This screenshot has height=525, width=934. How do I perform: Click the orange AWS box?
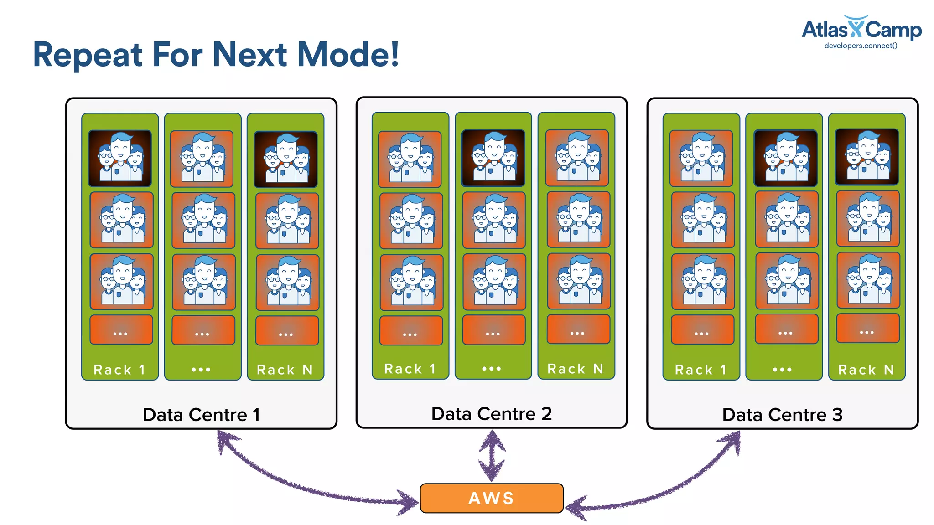coord(491,498)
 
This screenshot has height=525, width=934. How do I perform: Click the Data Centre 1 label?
coord(201,415)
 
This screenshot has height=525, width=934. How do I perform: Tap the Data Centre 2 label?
coord(491,414)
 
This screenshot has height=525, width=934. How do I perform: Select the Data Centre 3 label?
coord(782,415)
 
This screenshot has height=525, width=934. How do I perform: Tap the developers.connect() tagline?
coord(861,46)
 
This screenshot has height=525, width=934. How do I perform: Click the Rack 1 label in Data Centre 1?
coord(119,370)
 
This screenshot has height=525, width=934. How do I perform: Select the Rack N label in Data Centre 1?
coord(285,370)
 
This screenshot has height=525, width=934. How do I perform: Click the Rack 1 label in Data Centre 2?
coord(410,369)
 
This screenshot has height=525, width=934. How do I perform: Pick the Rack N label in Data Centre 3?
coord(866,370)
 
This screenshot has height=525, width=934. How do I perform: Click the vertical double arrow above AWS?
coord(492,456)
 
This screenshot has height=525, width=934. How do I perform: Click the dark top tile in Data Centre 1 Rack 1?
coord(120,158)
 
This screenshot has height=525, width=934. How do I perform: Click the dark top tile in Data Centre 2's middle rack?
coord(493,158)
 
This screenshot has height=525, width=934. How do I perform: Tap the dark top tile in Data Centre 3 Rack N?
coord(867,157)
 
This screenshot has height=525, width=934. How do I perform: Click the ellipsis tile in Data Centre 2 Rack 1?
coord(411,330)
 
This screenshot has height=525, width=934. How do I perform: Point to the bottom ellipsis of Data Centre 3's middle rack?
coord(782,370)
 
